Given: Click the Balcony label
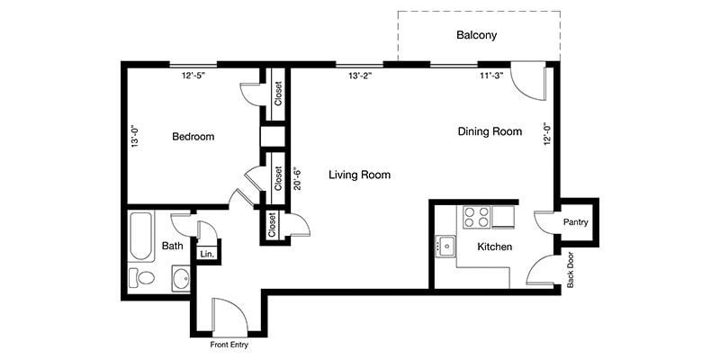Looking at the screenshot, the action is click(476, 35).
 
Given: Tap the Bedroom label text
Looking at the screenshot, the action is click(193, 137).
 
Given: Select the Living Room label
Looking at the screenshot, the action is click(359, 175).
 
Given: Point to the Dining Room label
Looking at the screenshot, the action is click(490, 131).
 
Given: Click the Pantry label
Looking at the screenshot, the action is click(575, 222).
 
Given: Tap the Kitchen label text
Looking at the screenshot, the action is click(494, 247).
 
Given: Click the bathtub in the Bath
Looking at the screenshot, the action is click(140, 236).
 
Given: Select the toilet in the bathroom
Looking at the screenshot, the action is click(141, 278).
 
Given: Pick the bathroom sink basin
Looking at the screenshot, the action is click(181, 278).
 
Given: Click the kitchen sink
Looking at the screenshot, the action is click(445, 246).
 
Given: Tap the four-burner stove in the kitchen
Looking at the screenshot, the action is click(476, 217).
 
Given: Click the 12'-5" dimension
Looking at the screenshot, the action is click(193, 76).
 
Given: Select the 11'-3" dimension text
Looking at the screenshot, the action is click(492, 76).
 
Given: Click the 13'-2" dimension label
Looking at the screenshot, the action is click(359, 76).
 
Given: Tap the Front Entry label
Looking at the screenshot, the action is click(229, 345).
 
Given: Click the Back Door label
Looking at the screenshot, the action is click(571, 269).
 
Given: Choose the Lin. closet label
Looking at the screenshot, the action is click(207, 254).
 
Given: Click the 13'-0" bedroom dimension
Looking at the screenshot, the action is click(133, 136).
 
